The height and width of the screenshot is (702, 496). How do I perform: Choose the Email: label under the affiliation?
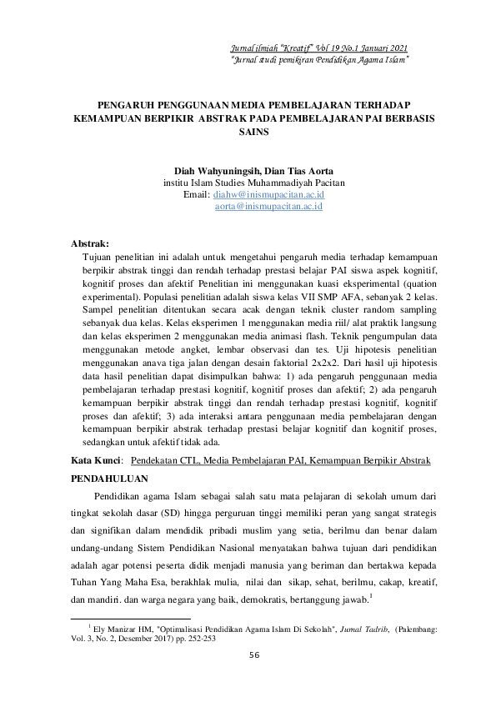click(x=196, y=193)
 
